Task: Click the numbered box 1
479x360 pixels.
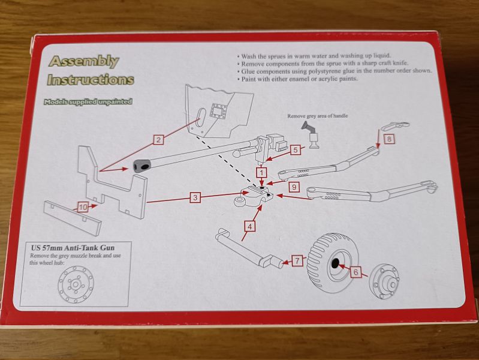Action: point(262,173)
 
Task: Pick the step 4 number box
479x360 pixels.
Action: point(249,226)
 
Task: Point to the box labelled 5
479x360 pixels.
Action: point(294,150)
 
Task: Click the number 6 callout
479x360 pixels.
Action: point(356,272)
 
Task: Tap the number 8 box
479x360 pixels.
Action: point(389,139)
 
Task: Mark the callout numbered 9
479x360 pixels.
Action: point(293,187)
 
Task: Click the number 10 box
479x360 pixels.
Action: point(83,207)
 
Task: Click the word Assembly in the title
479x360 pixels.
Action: point(83,62)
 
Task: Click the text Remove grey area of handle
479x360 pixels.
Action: point(317,116)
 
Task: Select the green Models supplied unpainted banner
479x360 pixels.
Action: point(88,101)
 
